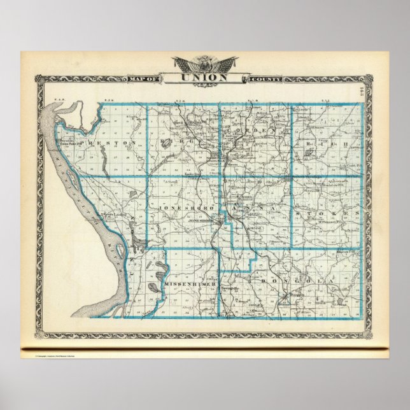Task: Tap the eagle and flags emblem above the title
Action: pos(204,64)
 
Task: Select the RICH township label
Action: pos(328,145)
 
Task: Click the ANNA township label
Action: pos(255,208)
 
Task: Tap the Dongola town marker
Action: pos(285,297)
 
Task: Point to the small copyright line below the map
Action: pos(64,356)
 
